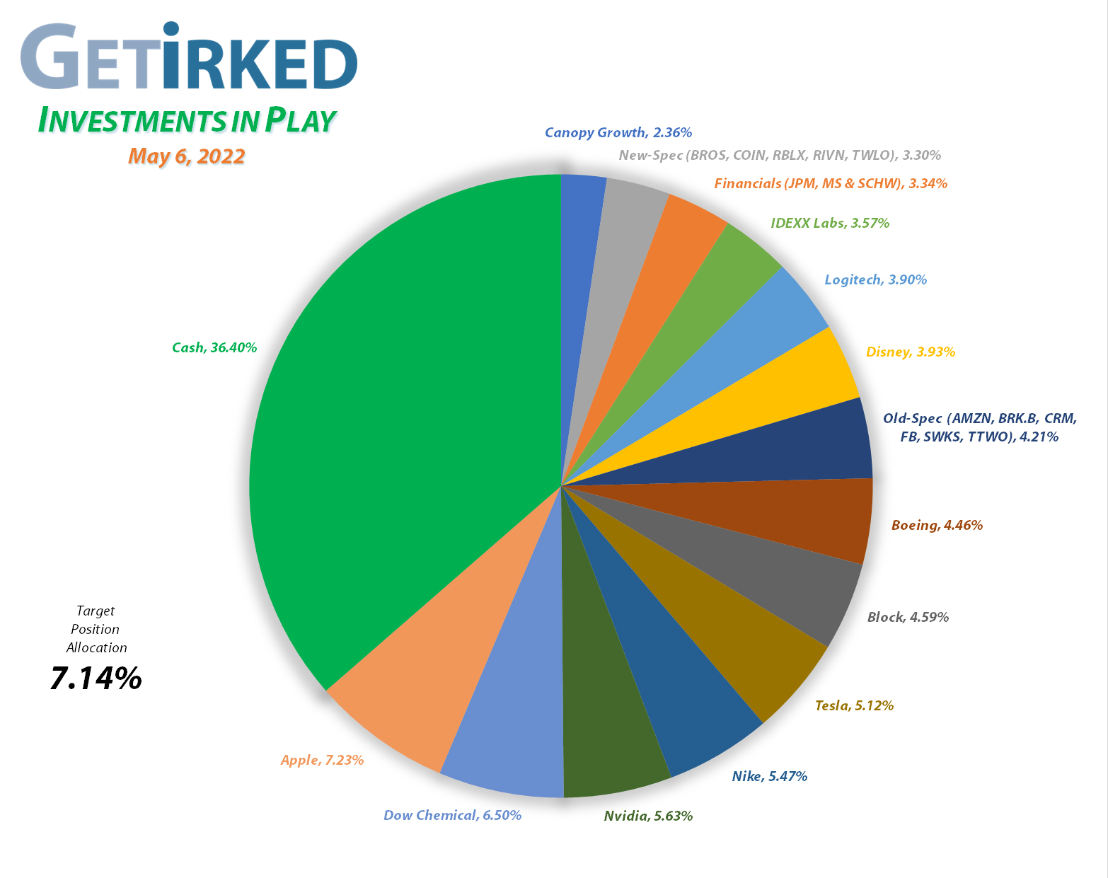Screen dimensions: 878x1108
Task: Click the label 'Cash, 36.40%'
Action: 214,347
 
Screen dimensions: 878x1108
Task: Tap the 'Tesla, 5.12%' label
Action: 854,705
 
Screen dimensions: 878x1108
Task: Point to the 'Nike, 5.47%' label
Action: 769,776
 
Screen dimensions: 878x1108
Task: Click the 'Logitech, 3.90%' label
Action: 875,279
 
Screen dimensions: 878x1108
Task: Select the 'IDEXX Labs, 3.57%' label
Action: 830,223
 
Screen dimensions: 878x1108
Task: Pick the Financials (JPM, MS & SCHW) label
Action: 830,183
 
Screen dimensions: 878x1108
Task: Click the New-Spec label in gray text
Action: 780,155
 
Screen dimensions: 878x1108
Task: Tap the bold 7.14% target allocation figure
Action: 96,678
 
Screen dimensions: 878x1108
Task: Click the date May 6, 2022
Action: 186,156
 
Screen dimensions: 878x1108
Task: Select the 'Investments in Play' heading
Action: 186,121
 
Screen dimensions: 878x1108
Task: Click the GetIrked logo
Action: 189,58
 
